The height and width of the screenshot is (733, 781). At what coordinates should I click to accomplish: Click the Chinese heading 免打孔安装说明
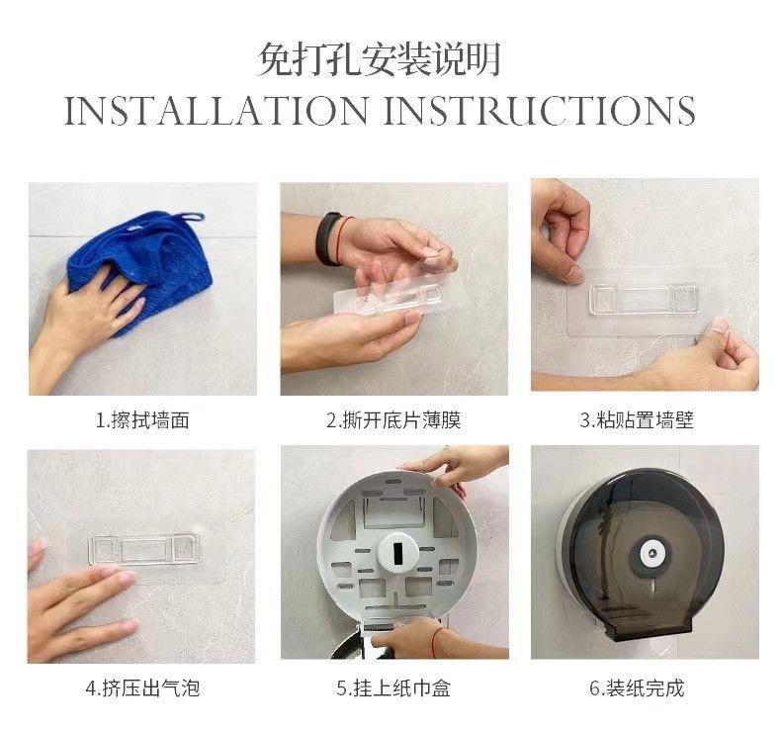379,59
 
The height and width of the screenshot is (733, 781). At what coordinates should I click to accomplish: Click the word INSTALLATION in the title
217,110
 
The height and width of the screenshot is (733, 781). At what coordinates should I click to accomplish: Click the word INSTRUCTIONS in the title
540,110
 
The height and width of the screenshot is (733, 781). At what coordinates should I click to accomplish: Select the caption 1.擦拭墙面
142,420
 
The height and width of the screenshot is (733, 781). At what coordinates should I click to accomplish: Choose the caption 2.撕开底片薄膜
393,420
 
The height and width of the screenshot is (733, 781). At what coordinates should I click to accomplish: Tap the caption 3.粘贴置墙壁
637,420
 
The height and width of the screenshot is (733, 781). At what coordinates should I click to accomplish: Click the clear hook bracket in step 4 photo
144,549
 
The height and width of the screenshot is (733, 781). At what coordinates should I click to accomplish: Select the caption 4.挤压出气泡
142,688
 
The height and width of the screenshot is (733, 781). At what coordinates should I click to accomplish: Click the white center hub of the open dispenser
397,551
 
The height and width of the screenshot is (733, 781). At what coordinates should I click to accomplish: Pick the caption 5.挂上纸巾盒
393,688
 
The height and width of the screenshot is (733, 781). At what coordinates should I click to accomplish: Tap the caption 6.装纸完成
637,688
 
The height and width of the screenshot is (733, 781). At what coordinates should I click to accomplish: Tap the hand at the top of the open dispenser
459,466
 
